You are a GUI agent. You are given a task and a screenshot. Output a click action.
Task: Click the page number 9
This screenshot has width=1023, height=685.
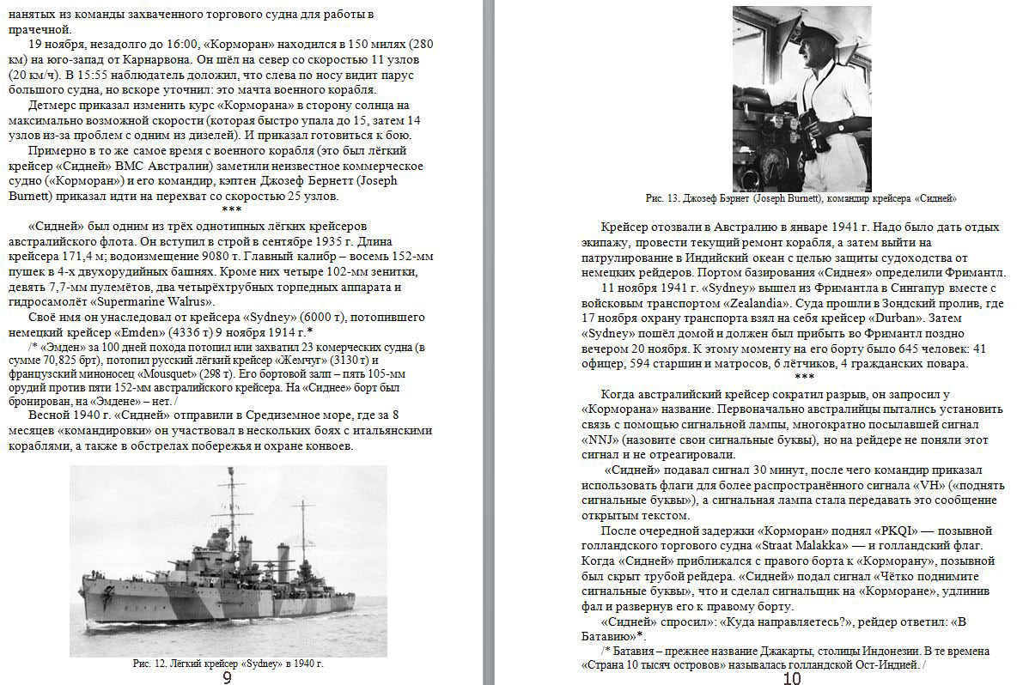click(x=227, y=678)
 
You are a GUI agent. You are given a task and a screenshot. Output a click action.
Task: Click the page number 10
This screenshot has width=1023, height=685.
click(x=791, y=678)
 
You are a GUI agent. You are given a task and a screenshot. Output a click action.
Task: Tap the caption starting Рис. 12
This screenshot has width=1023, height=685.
click(x=228, y=664)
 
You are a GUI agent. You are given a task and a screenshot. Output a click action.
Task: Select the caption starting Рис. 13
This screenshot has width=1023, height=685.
click(x=801, y=198)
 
